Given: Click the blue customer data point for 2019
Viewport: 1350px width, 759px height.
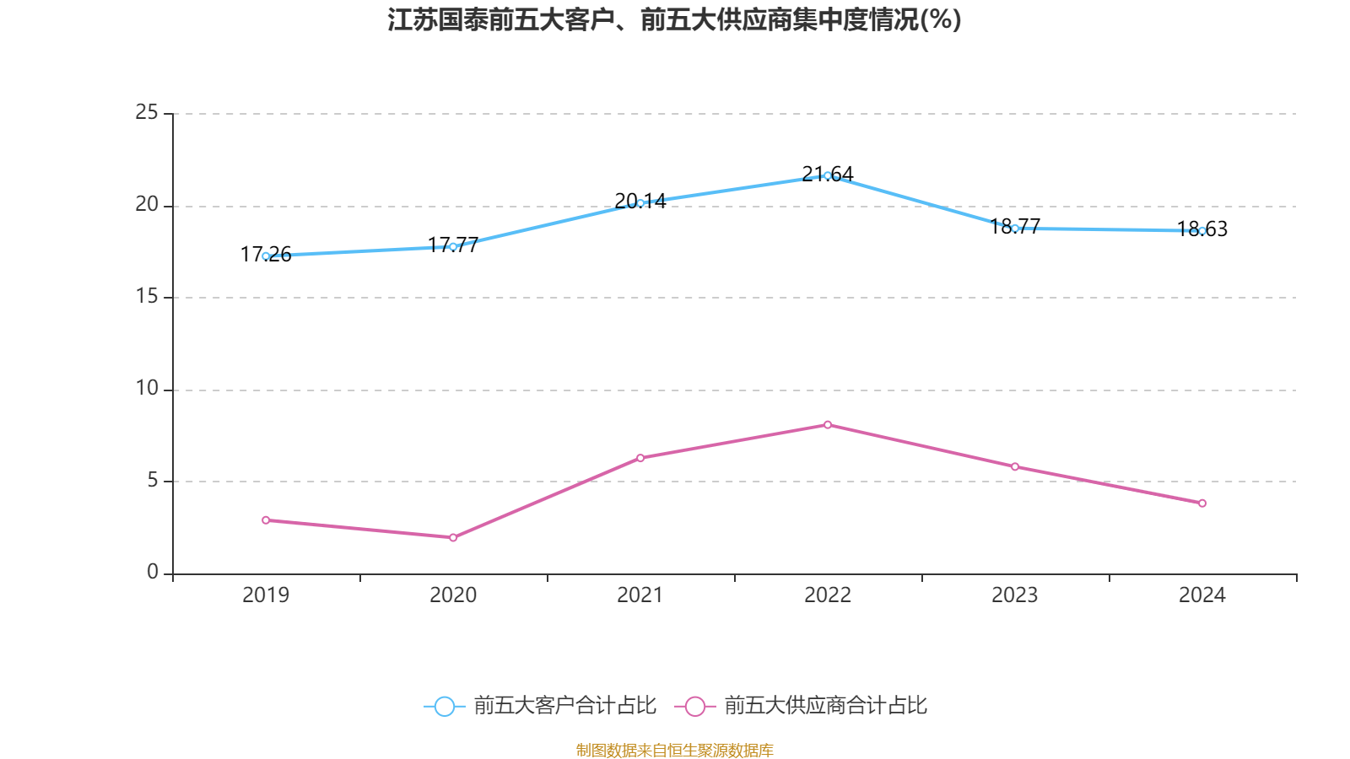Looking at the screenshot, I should click(266, 256).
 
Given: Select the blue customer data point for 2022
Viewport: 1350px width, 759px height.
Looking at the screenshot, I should click(828, 175).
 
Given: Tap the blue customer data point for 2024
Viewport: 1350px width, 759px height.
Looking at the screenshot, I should click(1202, 230).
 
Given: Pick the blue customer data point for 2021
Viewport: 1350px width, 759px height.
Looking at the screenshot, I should click(640, 202).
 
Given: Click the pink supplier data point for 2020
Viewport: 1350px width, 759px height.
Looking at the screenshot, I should click(453, 537).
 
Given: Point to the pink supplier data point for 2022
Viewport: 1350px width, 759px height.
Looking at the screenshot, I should click(828, 425).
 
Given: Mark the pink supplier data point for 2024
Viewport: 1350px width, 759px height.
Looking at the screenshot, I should click(1202, 503).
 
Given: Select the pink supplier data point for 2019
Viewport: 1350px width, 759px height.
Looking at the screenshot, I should click(266, 520).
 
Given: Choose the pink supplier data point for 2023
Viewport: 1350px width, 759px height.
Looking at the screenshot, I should click(1015, 466).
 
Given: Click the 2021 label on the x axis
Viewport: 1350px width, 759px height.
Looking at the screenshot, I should click(640, 595).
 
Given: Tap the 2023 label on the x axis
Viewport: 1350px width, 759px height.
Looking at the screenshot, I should click(1015, 595).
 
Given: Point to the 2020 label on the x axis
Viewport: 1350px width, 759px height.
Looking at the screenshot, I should click(453, 595).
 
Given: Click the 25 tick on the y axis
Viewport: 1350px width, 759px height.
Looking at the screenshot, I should click(147, 112).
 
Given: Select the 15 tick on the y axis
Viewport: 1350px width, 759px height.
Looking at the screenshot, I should click(147, 297).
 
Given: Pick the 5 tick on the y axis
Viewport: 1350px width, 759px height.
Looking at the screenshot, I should click(153, 481).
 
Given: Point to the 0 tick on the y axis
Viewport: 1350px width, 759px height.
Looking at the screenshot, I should click(153, 573).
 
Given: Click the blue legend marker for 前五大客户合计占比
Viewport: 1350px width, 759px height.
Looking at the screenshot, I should click(444, 706).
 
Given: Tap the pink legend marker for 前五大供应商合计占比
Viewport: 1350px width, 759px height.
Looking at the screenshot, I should click(694, 706).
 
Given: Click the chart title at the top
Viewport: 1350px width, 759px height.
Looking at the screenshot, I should click(675, 19).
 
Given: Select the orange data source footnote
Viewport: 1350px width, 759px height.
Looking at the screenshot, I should click(675, 750).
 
